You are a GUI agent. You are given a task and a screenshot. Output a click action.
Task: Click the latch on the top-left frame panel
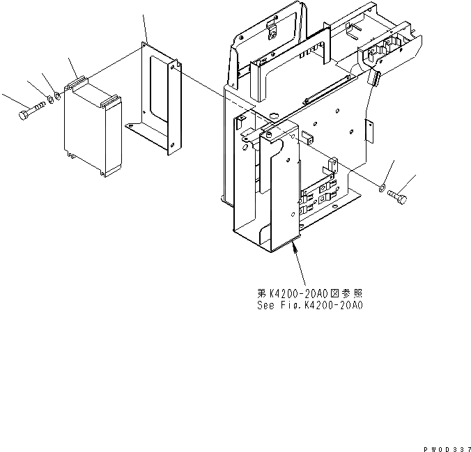(x=271, y=29)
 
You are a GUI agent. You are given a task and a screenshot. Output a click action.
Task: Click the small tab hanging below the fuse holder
(x=373, y=78)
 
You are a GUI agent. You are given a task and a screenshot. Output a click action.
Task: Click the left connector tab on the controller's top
(x=77, y=83)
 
